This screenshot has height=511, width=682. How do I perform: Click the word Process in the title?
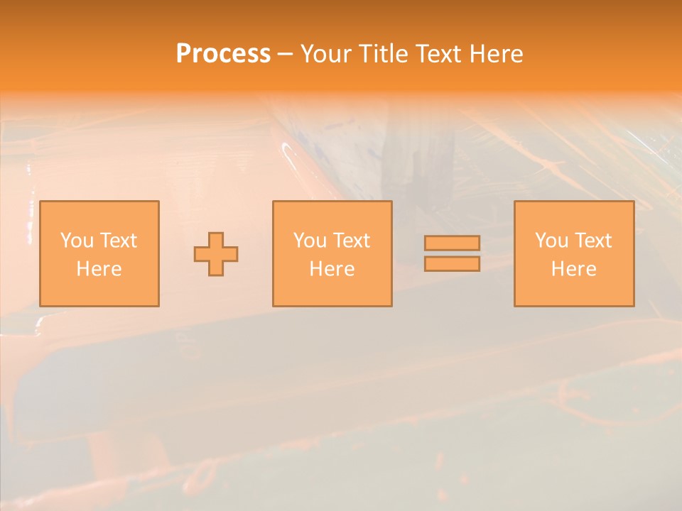point(223,54)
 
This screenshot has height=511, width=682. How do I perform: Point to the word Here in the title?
point(497,54)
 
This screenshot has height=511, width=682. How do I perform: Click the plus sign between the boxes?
point(216,254)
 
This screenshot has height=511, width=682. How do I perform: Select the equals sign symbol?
point(452,253)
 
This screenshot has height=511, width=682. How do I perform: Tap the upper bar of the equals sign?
point(452,243)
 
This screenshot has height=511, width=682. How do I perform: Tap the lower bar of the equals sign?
point(452,264)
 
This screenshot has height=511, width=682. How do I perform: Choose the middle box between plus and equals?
point(332,291)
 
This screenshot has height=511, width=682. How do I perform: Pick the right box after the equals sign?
point(574,291)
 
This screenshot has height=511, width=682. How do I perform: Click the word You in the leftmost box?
point(77,241)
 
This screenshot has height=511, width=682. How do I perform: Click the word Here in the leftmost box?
point(99,269)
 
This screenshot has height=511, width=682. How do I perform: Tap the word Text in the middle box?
point(352,241)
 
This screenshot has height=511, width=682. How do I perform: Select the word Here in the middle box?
point(332,269)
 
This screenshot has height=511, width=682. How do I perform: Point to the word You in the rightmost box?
point(551,241)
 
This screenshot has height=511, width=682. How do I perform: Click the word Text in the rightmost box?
point(594,241)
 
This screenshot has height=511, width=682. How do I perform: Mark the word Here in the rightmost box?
point(573,269)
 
